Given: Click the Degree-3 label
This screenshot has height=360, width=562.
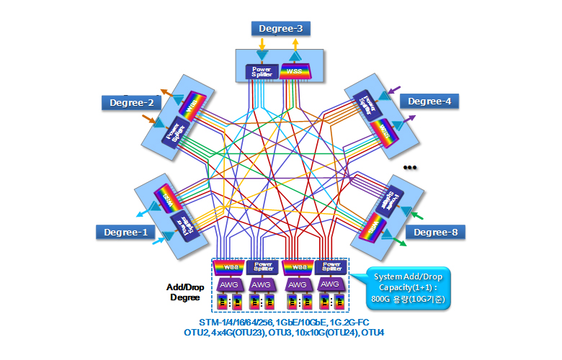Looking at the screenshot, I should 280,29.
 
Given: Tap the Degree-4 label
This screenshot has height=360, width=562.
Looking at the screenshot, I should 429,102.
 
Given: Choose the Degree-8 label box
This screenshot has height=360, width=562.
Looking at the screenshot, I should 434,232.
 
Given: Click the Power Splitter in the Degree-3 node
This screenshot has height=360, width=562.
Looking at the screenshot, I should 259,71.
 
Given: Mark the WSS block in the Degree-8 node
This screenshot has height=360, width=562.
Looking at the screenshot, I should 373,228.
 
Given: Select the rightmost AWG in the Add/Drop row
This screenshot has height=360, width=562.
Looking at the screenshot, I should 330,284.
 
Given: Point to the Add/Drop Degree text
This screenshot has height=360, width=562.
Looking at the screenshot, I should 184,292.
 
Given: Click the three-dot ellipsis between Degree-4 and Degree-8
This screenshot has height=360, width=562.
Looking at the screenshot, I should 411,168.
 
